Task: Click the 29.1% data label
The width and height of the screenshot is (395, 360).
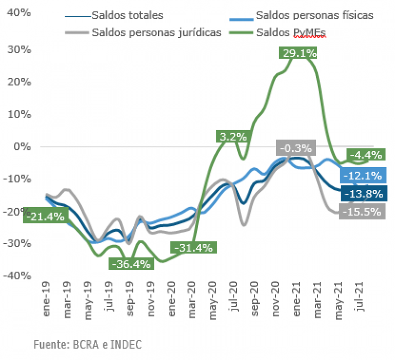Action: point(298,53)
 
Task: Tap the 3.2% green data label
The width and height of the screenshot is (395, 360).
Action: point(234,137)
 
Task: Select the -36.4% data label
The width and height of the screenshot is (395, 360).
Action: point(131,264)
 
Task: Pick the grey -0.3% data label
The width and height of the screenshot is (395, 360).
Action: point(295,148)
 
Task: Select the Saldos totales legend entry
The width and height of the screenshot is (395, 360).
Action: point(127,15)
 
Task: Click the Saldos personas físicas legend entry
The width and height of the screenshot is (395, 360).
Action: point(314,15)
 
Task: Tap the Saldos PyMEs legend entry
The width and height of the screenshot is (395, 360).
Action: point(291,33)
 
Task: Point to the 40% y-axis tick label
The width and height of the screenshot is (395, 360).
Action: point(19,12)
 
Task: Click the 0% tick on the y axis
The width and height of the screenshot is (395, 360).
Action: point(23,146)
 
